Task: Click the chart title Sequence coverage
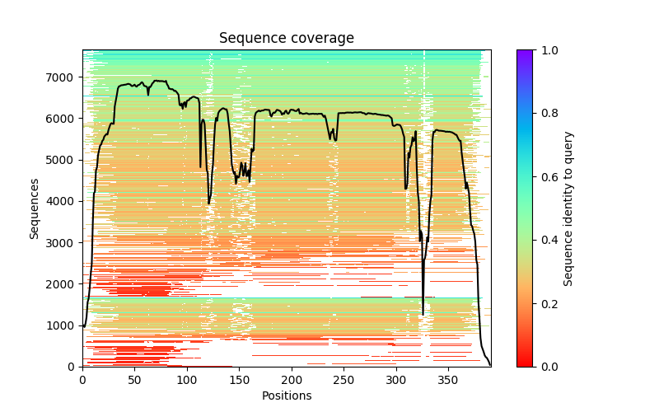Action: click(287, 38)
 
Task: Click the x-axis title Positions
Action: click(287, 396)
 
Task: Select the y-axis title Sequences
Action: click(35, 208)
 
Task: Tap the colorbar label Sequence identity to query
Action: click(568, 208)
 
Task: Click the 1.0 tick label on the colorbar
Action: click(547, 50)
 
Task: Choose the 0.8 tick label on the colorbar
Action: click(547, 114)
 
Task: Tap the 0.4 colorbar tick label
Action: click(547, 240)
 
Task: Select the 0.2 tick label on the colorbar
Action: click(547, 303)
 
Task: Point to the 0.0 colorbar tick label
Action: click(547, 367)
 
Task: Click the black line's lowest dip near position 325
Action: click(423, 314)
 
